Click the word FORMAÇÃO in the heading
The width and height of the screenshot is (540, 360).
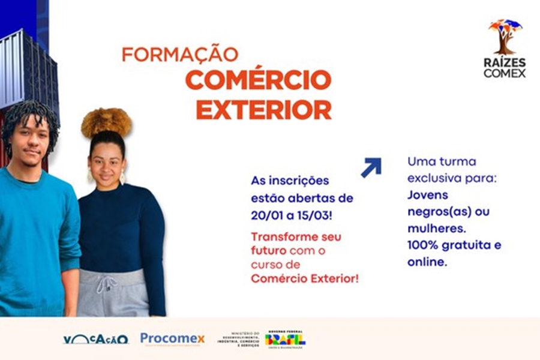click(180, 55)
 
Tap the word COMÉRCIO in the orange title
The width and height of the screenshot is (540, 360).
click(258, 80)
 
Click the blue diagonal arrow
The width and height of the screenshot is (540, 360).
click(371, 167)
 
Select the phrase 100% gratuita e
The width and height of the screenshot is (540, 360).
click(454, 245)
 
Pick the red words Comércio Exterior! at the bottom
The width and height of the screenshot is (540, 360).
click(305, 278)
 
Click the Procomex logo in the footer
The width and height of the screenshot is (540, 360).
click(172, 339)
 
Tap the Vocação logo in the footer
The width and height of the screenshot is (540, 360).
click(96, 339)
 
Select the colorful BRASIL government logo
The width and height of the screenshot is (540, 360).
click(285, 339)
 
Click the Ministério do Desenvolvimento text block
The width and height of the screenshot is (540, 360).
click(238, 340)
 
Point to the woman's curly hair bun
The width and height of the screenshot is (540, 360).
click(106, 122)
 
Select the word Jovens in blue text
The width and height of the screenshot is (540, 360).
click(428, 195)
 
